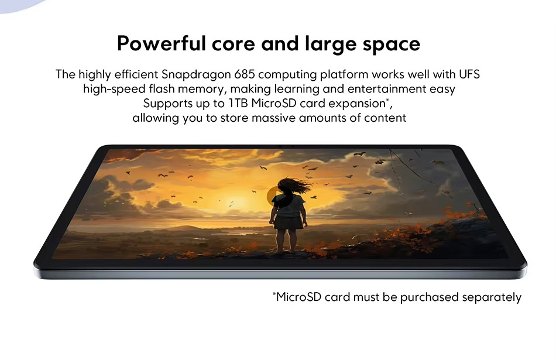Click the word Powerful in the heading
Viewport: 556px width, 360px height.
coord(162,44)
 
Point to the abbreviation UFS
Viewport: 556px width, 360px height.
coord(469,74)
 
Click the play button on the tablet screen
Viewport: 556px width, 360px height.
coord(279,197)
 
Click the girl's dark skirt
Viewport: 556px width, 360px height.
coord(289,222)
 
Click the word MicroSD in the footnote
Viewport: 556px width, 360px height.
coord(298,297)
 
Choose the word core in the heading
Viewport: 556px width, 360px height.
coord(234,44)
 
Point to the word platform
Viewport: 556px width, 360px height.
coord(344,75)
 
